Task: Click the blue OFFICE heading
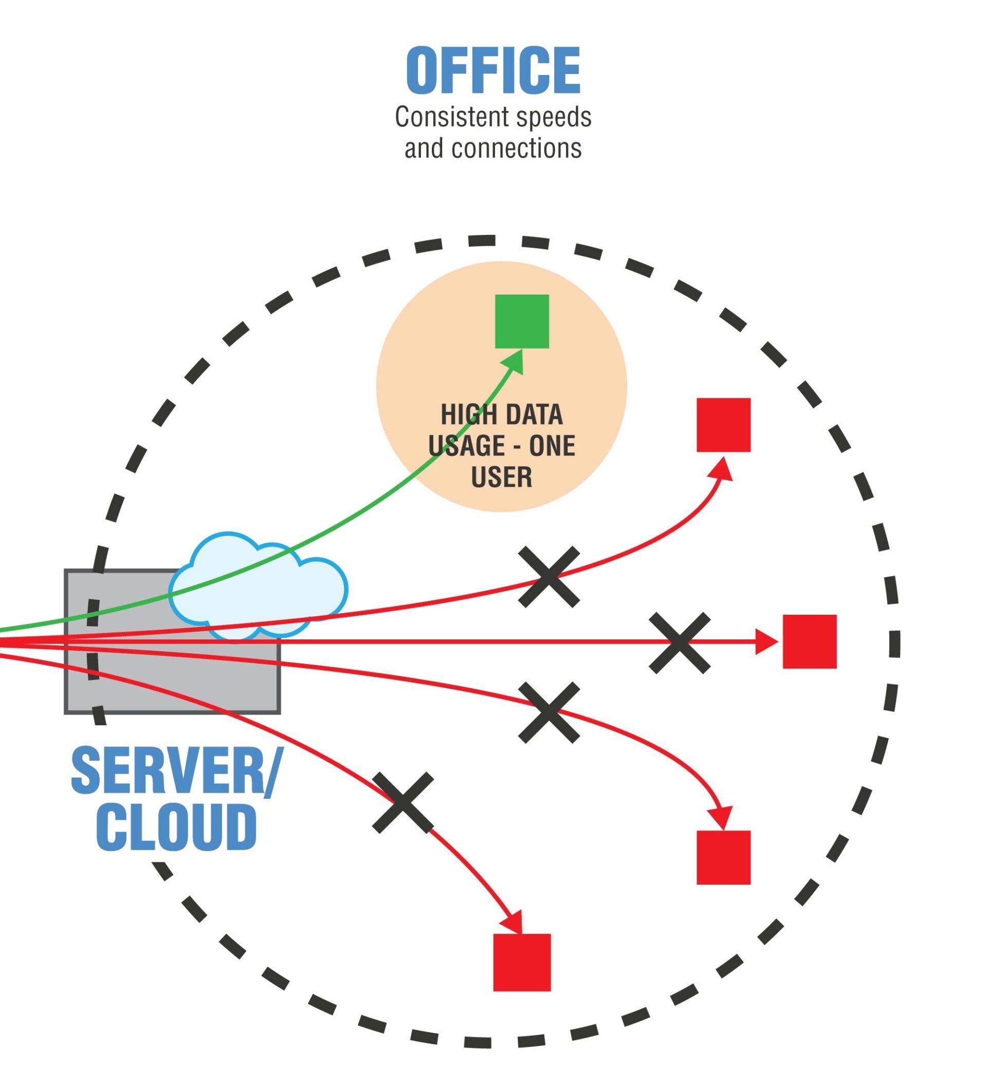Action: (492, 70)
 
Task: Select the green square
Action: (522, 321)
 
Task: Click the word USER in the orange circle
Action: (501, 476)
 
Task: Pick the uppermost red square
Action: (723, 425)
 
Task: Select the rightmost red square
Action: (809, 641)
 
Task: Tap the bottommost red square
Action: (522, 962)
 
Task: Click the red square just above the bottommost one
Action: (723, 857)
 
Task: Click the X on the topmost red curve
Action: (549, 577)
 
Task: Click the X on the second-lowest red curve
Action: (549, 712)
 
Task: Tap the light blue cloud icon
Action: (258, 588)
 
